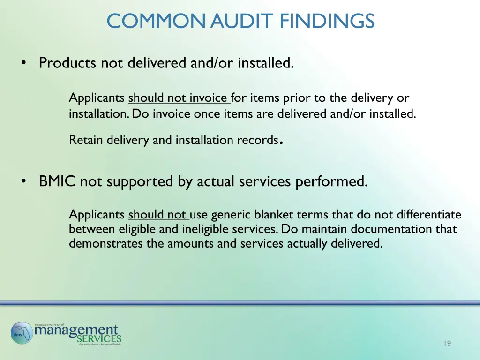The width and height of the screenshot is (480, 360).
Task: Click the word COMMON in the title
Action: (157, 21)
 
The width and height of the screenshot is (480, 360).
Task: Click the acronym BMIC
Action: (57, 181)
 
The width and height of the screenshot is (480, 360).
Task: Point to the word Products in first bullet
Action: (68, 63)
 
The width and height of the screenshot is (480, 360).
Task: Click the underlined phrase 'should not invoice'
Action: (178, 98)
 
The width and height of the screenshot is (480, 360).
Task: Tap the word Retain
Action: (86, 140)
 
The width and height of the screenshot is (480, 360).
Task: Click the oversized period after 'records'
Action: (280, 142)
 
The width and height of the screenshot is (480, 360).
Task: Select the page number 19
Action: (447, 344)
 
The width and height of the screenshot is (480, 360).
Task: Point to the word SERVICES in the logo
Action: (99, 338)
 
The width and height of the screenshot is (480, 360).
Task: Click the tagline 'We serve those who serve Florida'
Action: (99, 345)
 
